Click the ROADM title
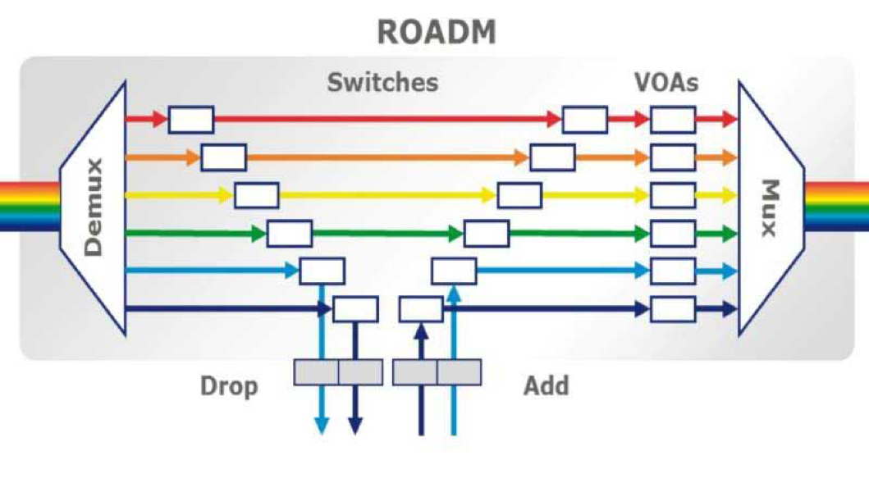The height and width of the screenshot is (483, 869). pyautogui.click(x=437, y=31)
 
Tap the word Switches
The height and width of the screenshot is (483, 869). pyautogui.click(x=382, y=82)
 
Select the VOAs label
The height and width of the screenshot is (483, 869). pyautogui.click(x=666, y=82)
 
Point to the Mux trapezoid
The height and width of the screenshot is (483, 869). pyautogui.click(x=769, y=208)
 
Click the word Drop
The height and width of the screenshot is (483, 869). pyautogui.click(x=229, y=385)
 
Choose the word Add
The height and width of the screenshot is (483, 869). pyautogui.click(x=547, y=385)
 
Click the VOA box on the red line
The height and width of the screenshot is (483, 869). pyautogui.click(x=673, y=120)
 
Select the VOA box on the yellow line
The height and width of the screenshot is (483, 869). pyautogui.click(x=673, y=195)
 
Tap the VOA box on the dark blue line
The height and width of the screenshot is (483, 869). pyautogui.click(x=673, y=309)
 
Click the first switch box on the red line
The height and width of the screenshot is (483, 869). pyautogui.click(x=191, y=120)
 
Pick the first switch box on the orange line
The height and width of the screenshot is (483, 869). pyautogui.click(x=224, y=157)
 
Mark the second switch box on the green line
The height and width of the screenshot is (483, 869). pyautogui.click(x=487, y=234)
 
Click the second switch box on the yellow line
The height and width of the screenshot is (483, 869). pyautogui.click(x=519, y=195)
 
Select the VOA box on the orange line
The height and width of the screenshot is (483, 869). pyautogui.click(x=673, y=157)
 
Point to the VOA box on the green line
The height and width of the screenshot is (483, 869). pyautogui.click(x=673, y=234)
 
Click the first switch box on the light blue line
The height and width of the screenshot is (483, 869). pyautogui.click(x=322, y=271)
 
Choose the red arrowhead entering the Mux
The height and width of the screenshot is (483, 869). pyautogui.click(x=730, y=120)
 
